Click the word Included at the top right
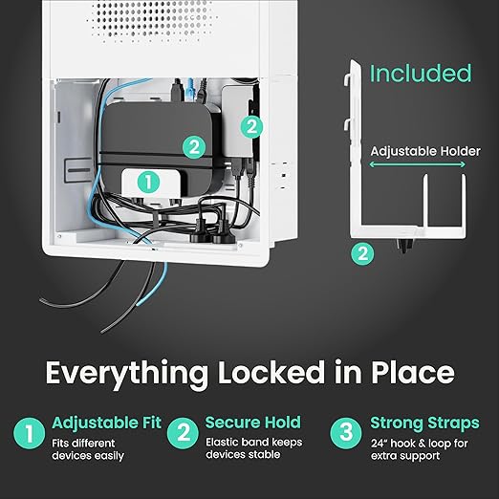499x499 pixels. click(x=421, y=74)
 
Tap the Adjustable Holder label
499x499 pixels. click(x=425, y=151)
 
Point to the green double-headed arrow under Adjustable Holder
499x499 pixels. click(x=417, y=164)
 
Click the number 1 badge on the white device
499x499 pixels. click(x=148, y=183)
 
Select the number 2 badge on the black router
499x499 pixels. click(x=194, y=147)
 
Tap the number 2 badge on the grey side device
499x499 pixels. click(x=251, y=127)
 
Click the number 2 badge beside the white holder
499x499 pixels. click(x=362, y=254)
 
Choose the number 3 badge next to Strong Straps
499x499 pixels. click(x=346, y=433)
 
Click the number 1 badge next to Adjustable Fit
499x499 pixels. click(x=30, y=433)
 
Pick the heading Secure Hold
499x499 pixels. click(x=253, y=423)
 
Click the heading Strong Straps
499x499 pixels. click(x=424, y=423)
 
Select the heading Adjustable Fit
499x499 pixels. click(x=107, y=423)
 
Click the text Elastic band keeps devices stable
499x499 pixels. click(x=254, y=448)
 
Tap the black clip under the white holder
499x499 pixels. click(x=404, y=245)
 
